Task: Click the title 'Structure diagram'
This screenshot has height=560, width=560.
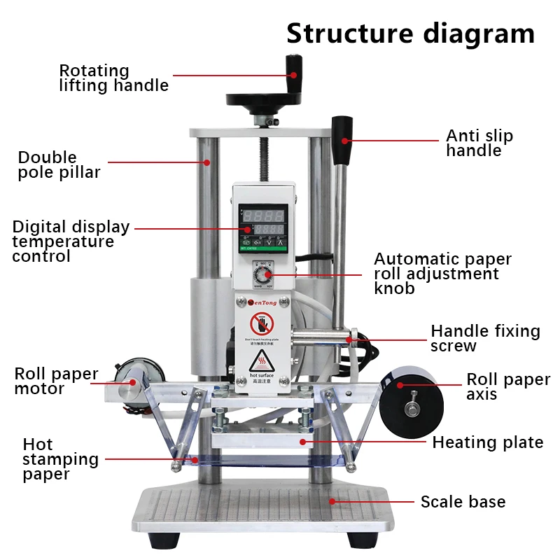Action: coord(410,33)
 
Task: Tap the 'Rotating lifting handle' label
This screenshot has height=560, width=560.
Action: coord(113,78)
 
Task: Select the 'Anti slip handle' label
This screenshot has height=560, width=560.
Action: coord(479,143)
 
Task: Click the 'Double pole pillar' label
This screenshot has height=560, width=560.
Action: coord(59,164)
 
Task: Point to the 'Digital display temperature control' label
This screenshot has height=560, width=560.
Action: coord(71,241)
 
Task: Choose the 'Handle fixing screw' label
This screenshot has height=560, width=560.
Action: coord(485,338)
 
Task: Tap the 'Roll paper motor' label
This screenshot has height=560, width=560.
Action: coord(56,381)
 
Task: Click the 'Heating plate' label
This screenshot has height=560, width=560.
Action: coord(487,442)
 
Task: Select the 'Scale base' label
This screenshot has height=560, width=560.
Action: coord(463,502)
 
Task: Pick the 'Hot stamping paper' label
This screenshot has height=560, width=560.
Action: coord(60,459)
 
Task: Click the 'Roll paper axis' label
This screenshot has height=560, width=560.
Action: coord(508,386)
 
